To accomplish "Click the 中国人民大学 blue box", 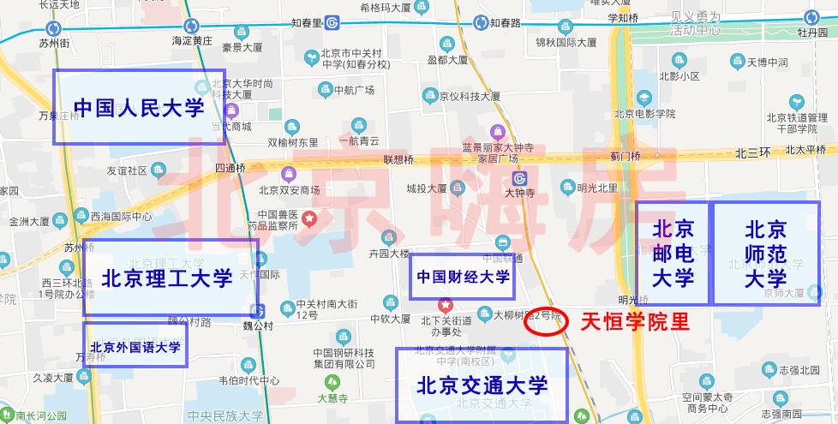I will coord(139,107).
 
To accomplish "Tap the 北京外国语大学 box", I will coord(135,346).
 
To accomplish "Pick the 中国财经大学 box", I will coord(463,277).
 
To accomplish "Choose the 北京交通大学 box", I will coord(482,385).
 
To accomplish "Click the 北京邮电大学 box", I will coord(673,254).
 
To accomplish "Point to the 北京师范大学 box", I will coord(765,254).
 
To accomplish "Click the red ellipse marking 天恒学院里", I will coord(546,321).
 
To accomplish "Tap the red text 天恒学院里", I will coord(635,322).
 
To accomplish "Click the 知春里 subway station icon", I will coord(339,23).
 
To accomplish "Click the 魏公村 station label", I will coord(256,326).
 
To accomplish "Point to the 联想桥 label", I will coord(398,160).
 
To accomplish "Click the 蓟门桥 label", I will coord(626,156).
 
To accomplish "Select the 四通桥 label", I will coord(230,169).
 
